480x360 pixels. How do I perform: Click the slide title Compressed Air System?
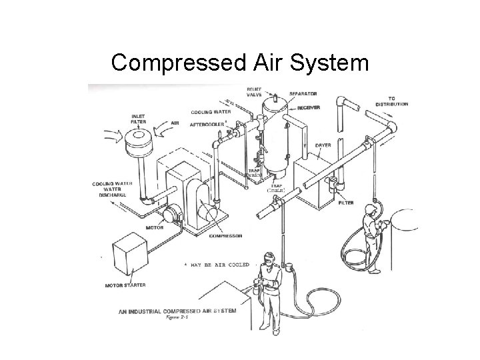239,63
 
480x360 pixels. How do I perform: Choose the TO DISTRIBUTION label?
392,101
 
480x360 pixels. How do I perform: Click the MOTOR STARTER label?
125,285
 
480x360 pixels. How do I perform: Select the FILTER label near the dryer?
345,202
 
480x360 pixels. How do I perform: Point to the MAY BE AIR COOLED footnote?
220,265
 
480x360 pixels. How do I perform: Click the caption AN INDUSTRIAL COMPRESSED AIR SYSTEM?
177,311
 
